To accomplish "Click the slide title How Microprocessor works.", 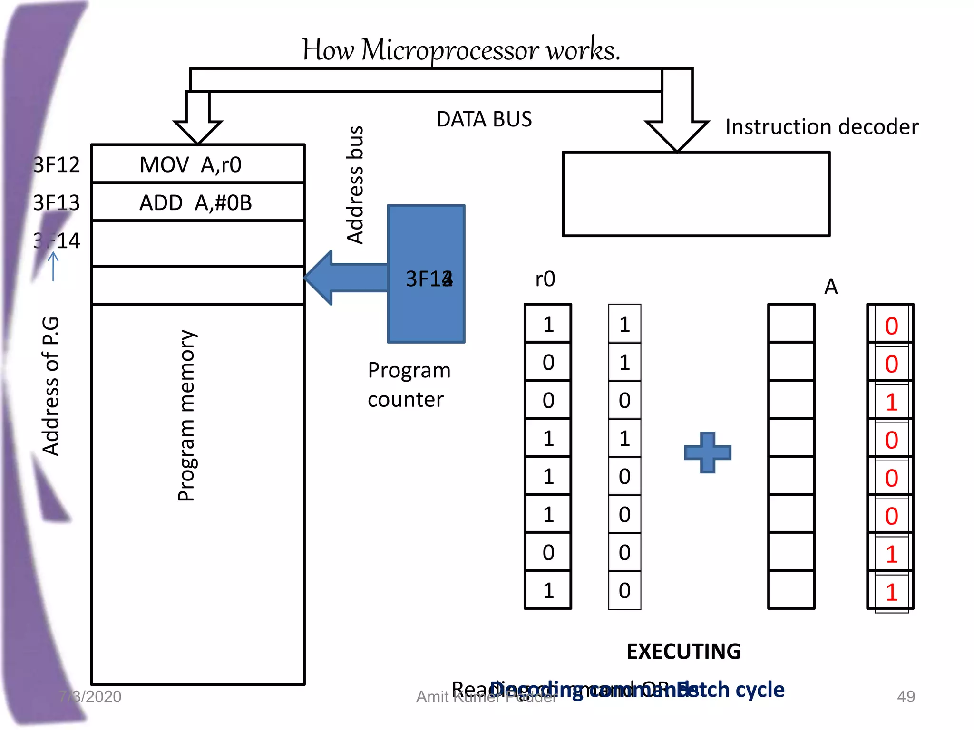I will pyautogui.click(x=460, y=50).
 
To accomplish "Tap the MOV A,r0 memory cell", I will pyautogui.click(x=197, y=164).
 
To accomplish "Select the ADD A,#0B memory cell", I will pyautogui.click(x=197, y=202).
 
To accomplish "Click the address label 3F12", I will pyautogui.click(x=56, y=165).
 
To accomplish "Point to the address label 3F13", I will pyautogui.click(x=56, y=203).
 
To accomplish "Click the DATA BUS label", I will pyautogui.click(x=484, y=119).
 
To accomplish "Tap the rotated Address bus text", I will pyautogui.click(x=355, y=185).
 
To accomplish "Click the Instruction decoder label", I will pyautogui.click(x=821, y=127).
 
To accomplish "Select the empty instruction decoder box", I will pyautogui.click(x=696, y=194).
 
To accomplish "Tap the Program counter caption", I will pyautogui.click(x=409, y=384).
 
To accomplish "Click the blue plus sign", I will pyautogui.click(x=707, y=452).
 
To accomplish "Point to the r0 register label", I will pyautogui.click(x=545, y=279).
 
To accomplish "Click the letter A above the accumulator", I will pyautogui.click(x=830, y=287).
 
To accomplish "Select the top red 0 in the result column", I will pyautogui.click(x=891, y=327).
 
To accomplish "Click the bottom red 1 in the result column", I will pyautogui.click(x=891, y=592).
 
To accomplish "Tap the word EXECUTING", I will pyautogui.click(x=683, y=652).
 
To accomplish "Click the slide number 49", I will pyautogui.click(x=906, y=697).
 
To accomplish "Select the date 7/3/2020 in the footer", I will pyautogui.click(x=90, y=697).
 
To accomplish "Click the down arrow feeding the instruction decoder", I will pyautogui.click(x=677, y=124).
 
